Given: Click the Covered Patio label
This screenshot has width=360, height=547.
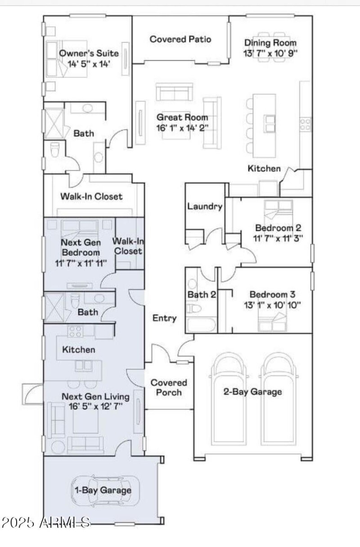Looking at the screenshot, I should pos(180,39).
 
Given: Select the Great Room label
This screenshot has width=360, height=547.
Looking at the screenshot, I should pos(182,117).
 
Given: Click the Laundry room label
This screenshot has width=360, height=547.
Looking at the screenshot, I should pos(205,207).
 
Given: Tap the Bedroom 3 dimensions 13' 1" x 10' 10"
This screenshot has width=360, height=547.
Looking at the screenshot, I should pos(272,305).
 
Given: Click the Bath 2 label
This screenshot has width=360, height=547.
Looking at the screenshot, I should pos(201,295).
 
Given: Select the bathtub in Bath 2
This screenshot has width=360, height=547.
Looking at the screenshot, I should pos(201,323).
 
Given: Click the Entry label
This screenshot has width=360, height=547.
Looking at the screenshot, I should pos(164,318).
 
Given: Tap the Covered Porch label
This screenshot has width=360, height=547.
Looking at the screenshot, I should pos(169,387).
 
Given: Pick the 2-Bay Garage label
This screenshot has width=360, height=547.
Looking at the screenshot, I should pos(252,391).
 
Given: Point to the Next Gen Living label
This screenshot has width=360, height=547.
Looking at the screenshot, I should pos(95,397).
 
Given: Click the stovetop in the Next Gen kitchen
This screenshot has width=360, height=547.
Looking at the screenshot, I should pos(75,332).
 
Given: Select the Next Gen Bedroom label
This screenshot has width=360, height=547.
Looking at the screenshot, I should pos(80,247).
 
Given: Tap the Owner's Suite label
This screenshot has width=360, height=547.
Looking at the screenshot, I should pos(89,54).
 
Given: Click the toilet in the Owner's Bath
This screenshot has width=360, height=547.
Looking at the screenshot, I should pos(55,150).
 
